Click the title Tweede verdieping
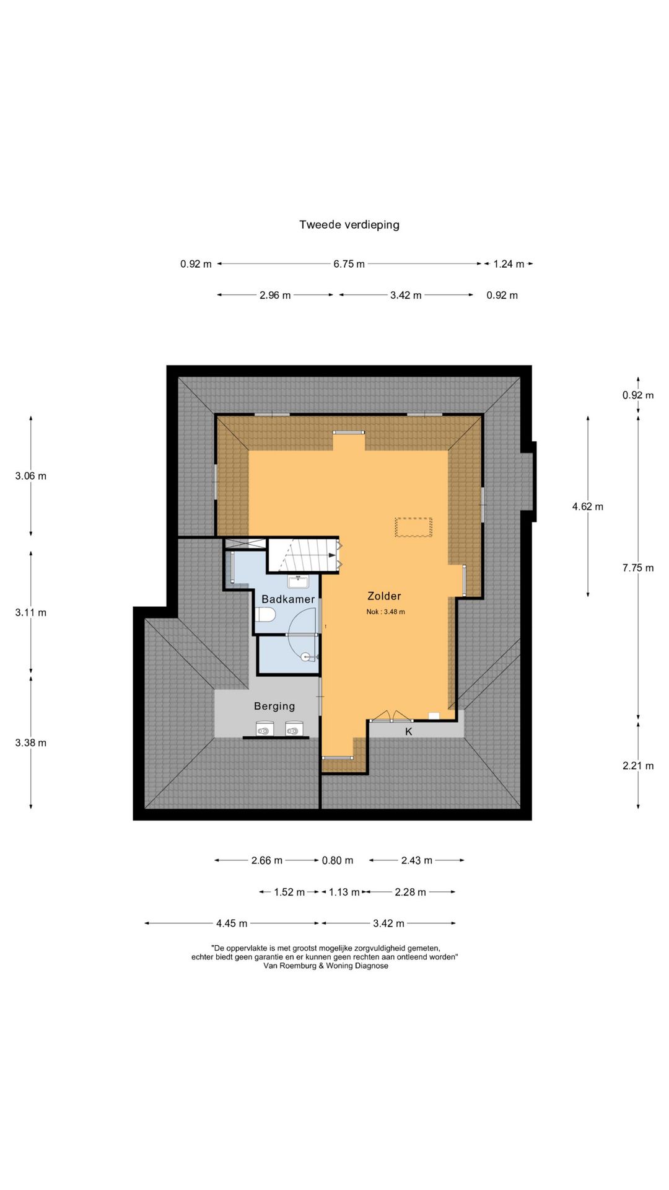tap(349, 225)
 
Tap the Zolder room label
tap(384, 596)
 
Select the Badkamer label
tap(288, 599)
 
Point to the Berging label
tap(274, 706)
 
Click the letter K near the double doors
tap(409, 732)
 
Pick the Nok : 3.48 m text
tap(385, 612)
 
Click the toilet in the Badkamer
tap(265, 615)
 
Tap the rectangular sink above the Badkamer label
tap(299, 581)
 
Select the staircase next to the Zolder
tap(304, 555)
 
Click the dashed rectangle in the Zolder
tap(413, 527)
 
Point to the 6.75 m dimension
tap(349, 264)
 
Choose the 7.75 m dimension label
tap(638, 568)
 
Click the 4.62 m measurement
tap(588, 507)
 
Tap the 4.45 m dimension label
tap(232, 923)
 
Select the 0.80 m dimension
tap(338, 860)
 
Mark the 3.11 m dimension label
tap(31, 612)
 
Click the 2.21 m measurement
tap(638, 766)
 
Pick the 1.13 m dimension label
tap(344, 892)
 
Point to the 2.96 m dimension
tap(275, 296)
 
